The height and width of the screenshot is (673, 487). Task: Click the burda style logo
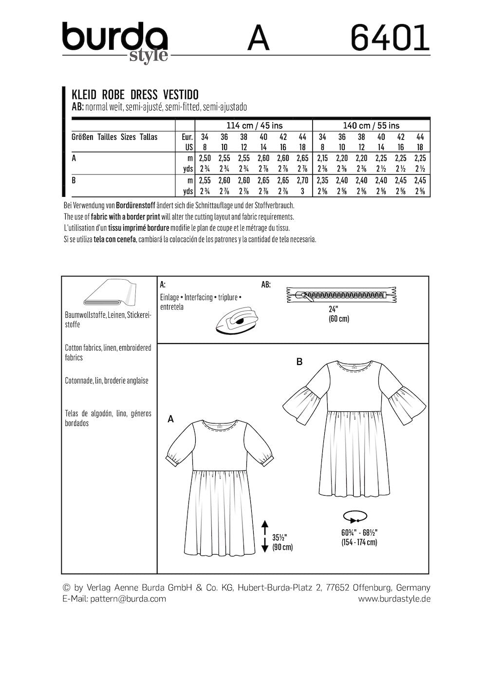pos(115,41)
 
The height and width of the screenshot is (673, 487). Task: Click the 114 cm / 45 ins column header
pos(253,126)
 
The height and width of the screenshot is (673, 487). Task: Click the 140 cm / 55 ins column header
pos(371,126)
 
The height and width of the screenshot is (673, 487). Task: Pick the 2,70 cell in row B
pos(302,180)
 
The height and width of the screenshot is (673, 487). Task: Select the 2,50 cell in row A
pos(205,158)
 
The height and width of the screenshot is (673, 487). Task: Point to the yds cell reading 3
pos(302,191)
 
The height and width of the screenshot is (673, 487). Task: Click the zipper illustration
pos(341,295)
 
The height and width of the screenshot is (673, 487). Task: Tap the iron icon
pos(233,321)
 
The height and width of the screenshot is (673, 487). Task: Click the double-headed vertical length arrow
pos(265,536)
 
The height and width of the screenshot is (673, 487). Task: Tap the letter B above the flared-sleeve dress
pos(300,362)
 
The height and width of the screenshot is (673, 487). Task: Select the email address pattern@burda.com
pos(127,598)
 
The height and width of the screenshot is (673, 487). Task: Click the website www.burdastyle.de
pos(394,598)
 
